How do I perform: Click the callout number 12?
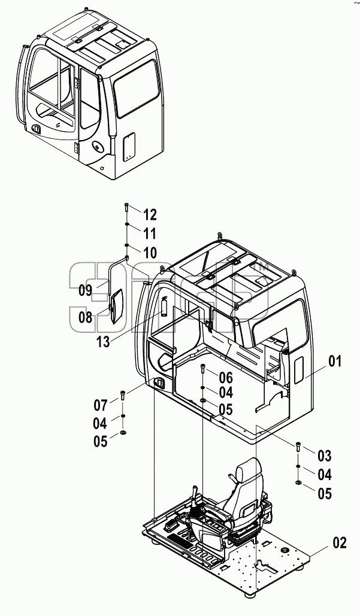(x=150, y=215)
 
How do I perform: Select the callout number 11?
(x=149, y=233)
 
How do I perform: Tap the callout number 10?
(x=150, y=253)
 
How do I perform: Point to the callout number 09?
(x=85, y=290)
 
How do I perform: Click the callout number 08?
(x=85, y=317)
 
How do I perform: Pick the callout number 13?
(x=104, y=342)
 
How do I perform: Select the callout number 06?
(x=226, y=378)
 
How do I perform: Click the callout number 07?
(x=101, y=404)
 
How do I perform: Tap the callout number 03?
(x=325, y=456)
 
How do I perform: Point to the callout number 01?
(x=335, y=362)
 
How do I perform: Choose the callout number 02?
(x=340, y=543)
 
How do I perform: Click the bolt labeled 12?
(x=126, y=207)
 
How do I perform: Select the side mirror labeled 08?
(x=116, y=306)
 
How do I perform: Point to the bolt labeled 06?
(x=203, y=369)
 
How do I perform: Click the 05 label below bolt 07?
(x=101, y=442)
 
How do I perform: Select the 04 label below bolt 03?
(x=325, y=475)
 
